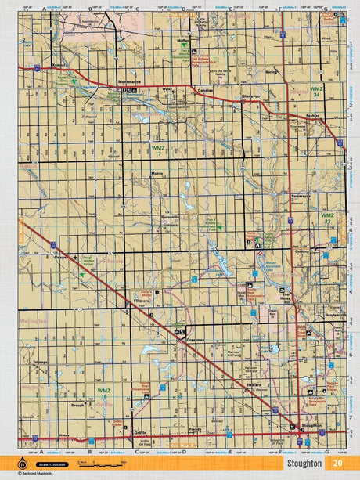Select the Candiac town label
206,90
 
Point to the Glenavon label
250,96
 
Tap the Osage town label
58,255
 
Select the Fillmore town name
142,300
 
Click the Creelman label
195,340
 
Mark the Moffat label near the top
184,39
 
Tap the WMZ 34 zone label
316,92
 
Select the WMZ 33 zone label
327,217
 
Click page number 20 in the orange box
337,462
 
